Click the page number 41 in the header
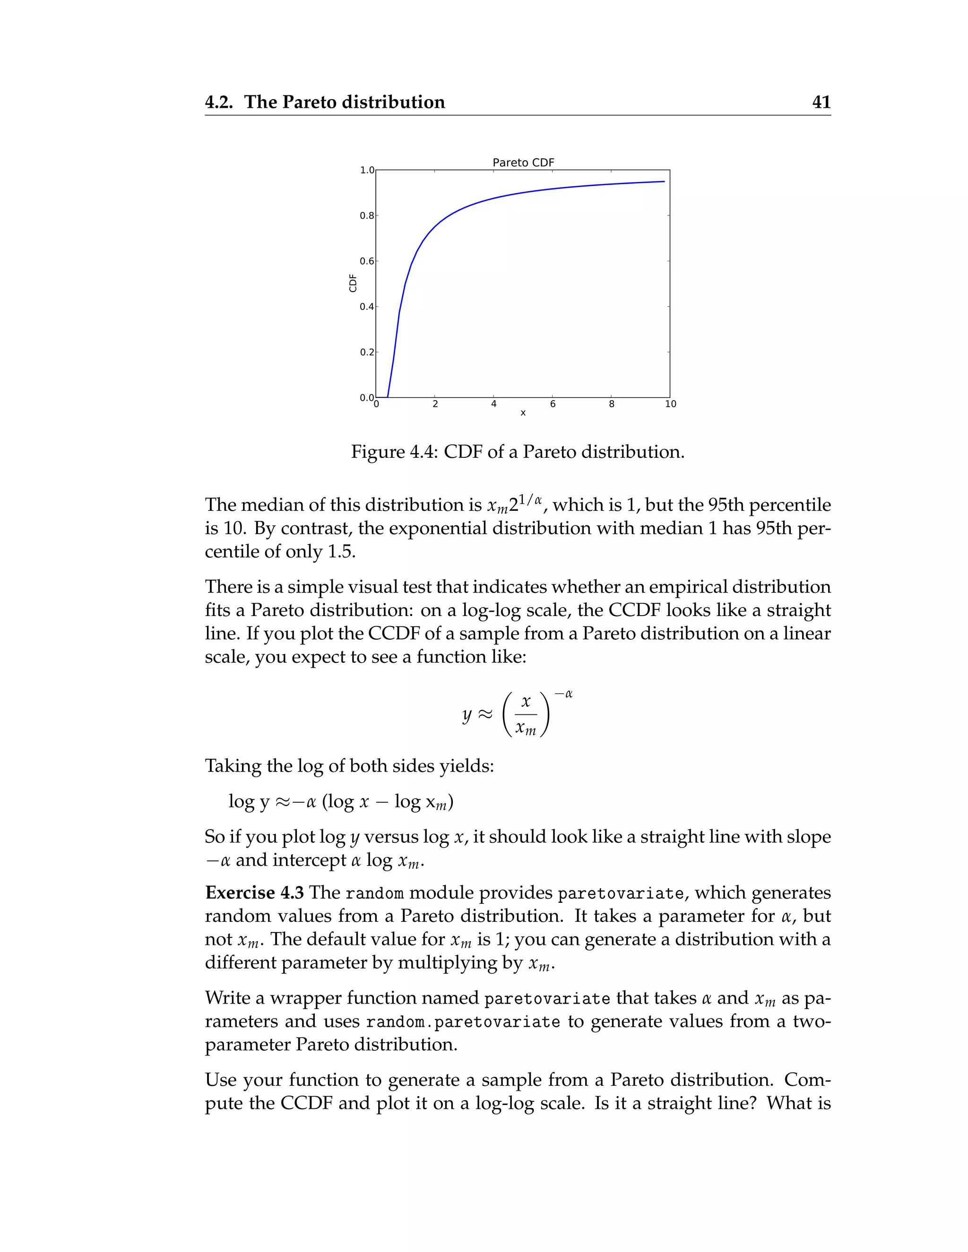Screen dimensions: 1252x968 pyautogui.click(x=821, y=102)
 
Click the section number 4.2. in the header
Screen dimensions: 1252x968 pyautogui.click(x=221, y=102)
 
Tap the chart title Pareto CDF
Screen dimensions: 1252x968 pyautogui.click(x=523, y=163)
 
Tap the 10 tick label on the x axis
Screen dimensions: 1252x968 pyautogui.click(x=670, y=404)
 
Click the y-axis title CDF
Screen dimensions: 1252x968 pyautogui.click(x=353, y=283)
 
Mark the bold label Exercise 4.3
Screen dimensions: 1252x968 pyautogui.click(x=254, y=892)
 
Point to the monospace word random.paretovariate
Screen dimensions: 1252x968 pyautogui.click(x=463, y=1022)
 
